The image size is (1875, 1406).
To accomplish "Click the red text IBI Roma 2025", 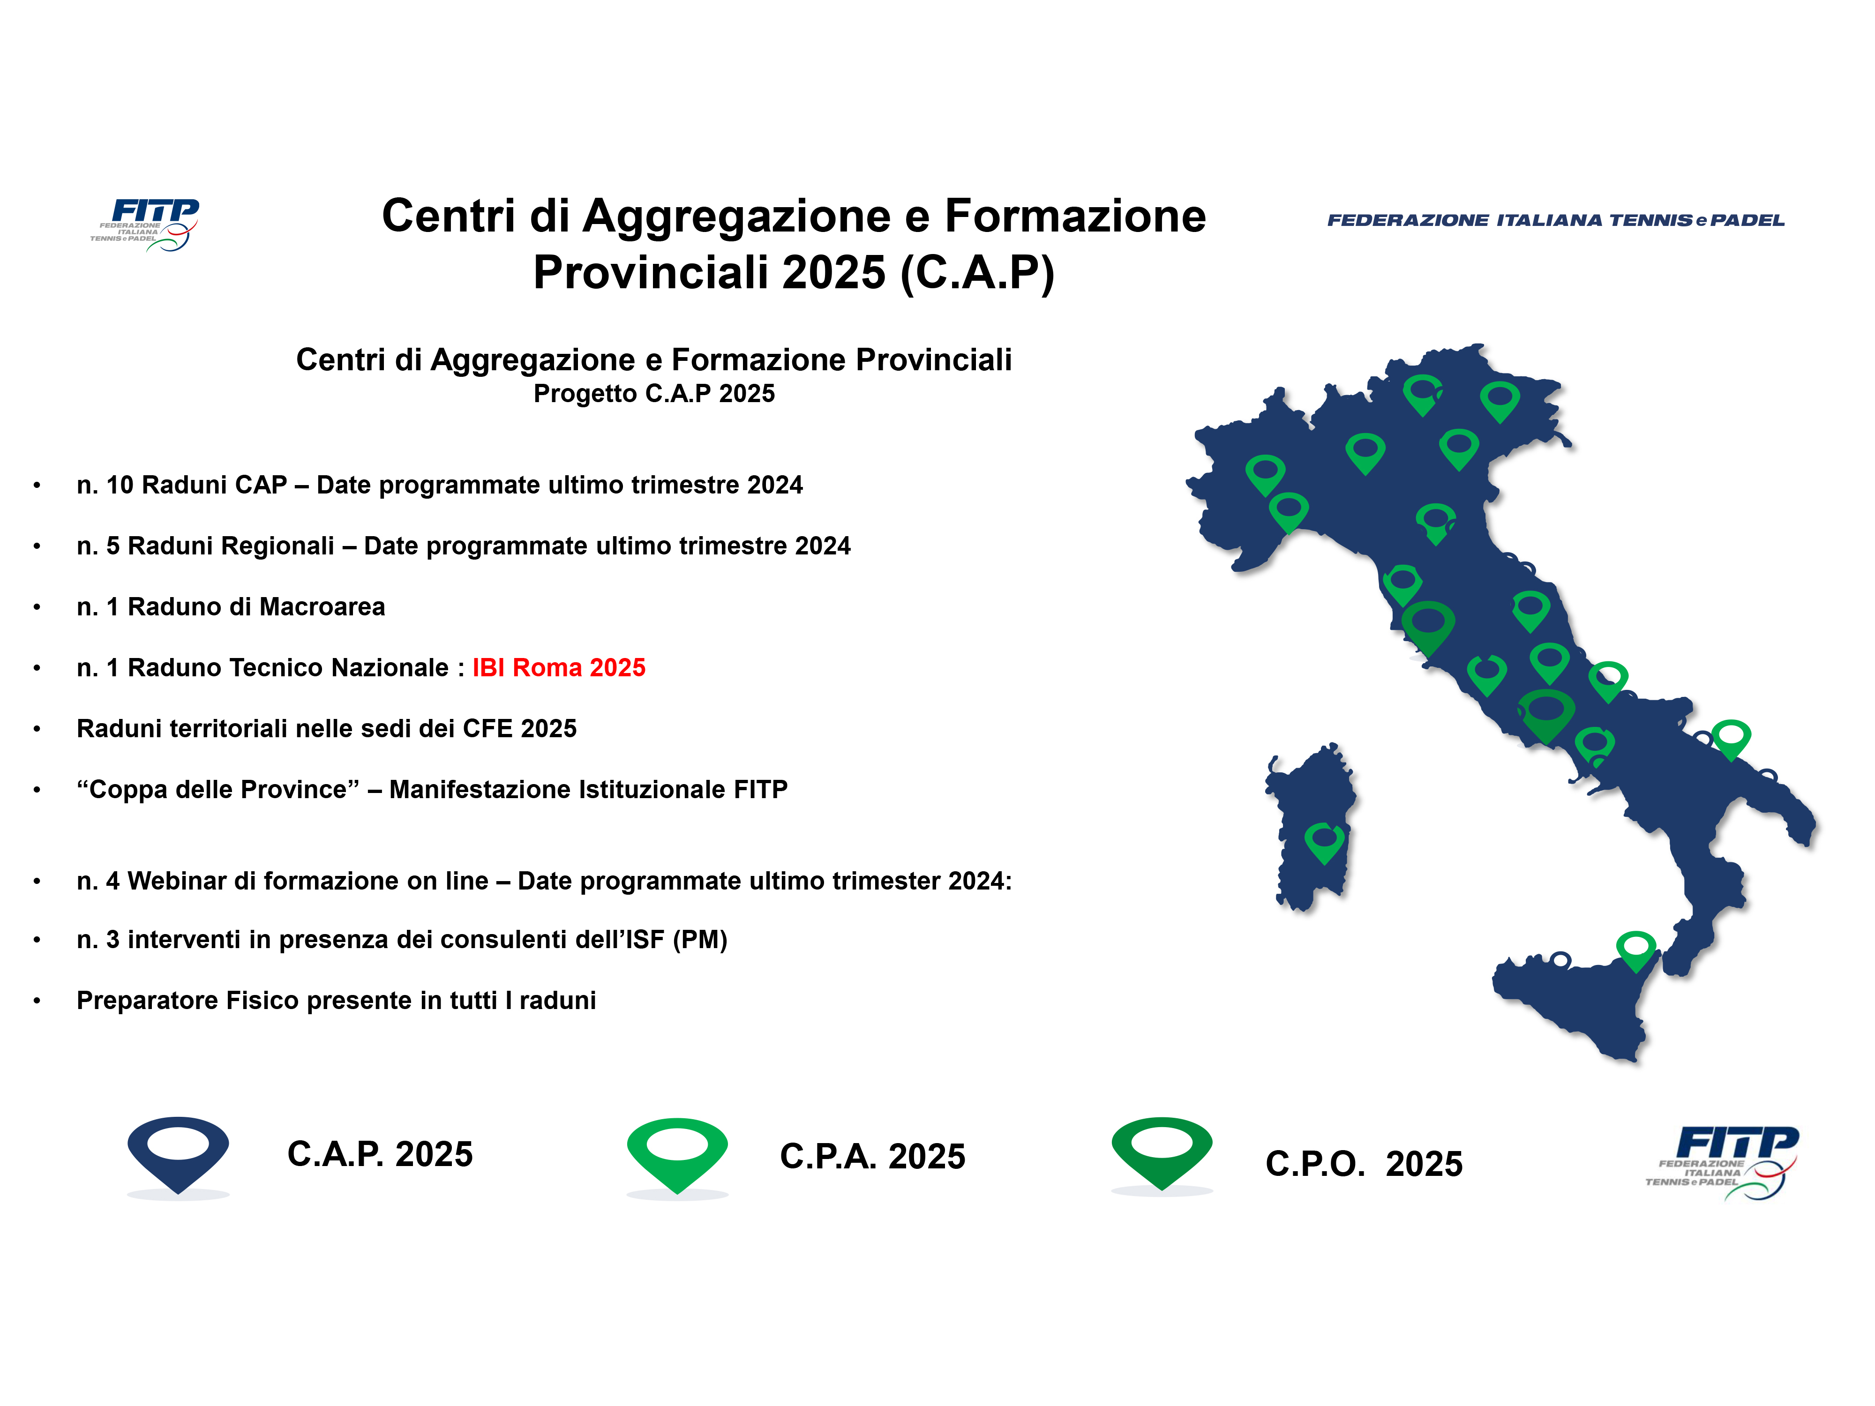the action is tap(559, 668).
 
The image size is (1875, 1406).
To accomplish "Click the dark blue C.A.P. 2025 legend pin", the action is tap(178, 1156).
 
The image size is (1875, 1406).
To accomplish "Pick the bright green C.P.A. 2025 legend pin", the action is tap(677, 1156).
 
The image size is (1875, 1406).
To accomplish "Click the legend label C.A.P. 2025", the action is tap(380, 1154).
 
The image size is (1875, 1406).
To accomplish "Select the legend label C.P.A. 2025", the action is tap(872, 1157).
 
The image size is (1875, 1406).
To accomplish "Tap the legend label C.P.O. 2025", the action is tap(1364, 1164).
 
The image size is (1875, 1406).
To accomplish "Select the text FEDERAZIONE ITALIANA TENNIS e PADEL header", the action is tap(1555, 220).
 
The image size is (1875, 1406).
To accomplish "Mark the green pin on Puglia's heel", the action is tap(1731, 740).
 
